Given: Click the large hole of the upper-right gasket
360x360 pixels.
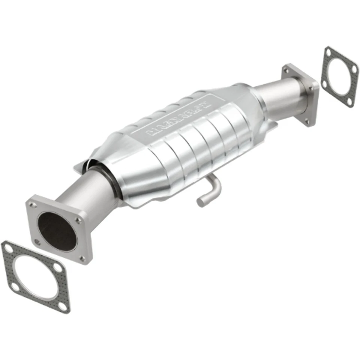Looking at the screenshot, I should point(339,76).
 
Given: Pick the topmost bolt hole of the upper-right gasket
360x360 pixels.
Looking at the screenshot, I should point(329,54).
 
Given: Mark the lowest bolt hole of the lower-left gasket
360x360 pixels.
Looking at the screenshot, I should point(63,306).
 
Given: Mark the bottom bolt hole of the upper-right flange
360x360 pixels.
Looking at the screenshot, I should point(307,121).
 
